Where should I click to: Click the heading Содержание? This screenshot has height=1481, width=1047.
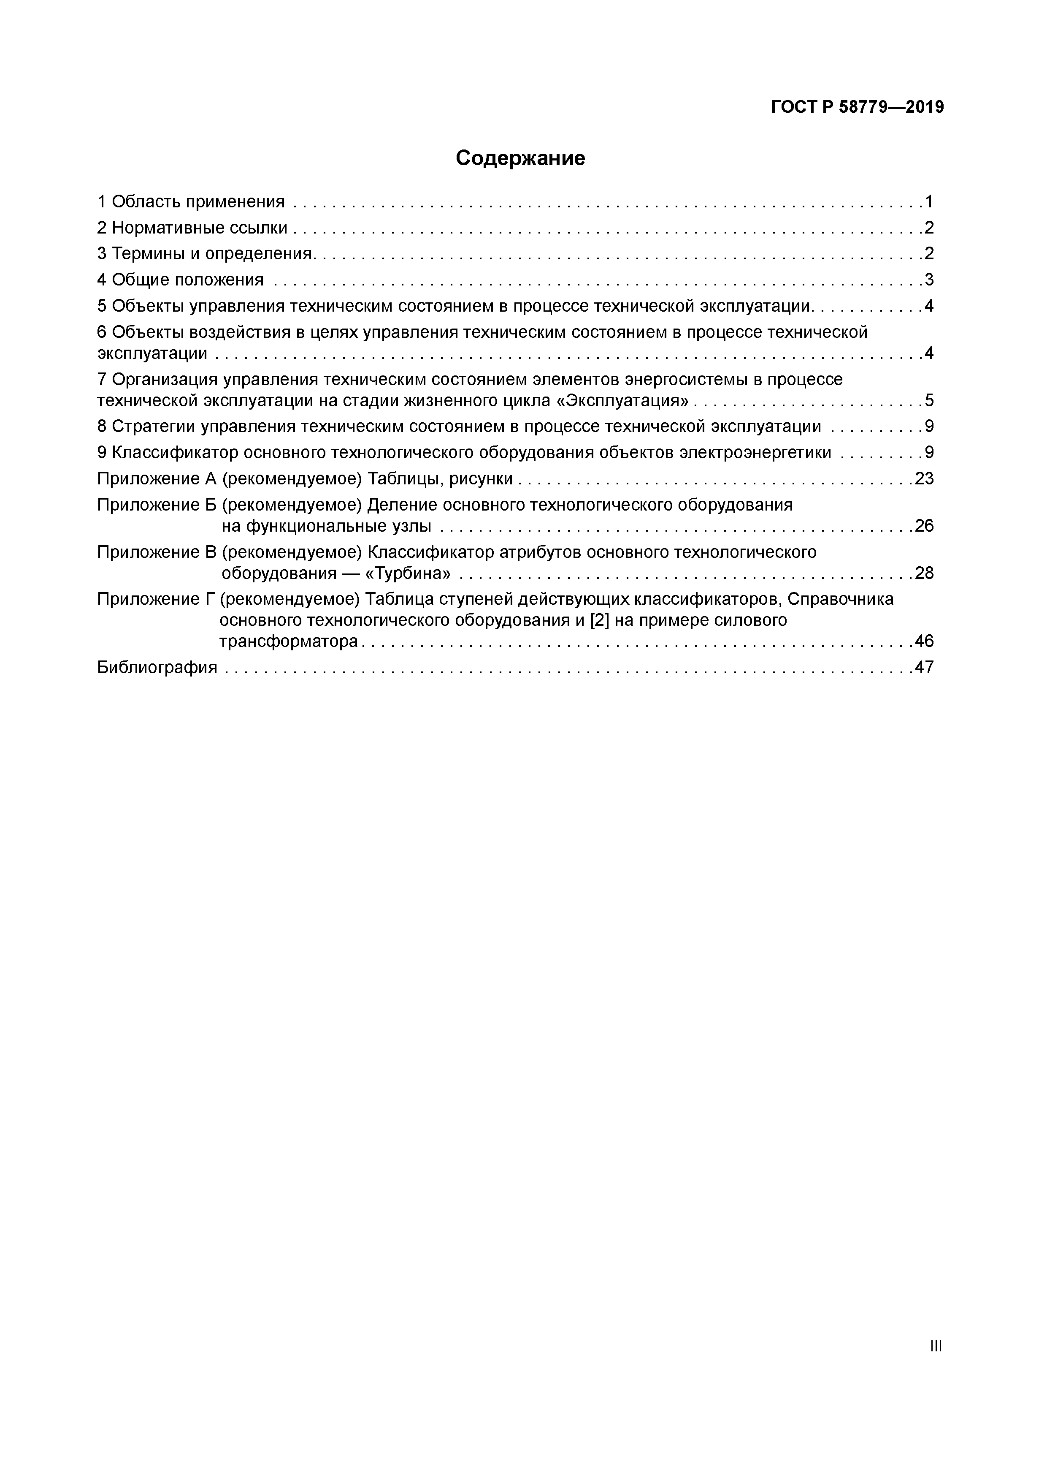click(x=520, y=158)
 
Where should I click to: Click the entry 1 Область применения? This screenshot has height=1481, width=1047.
click(x=191, y=202)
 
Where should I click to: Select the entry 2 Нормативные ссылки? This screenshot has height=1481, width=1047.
click(x=192, y=228)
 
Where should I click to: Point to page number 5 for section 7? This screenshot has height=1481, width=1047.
click(x=929, y=401)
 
